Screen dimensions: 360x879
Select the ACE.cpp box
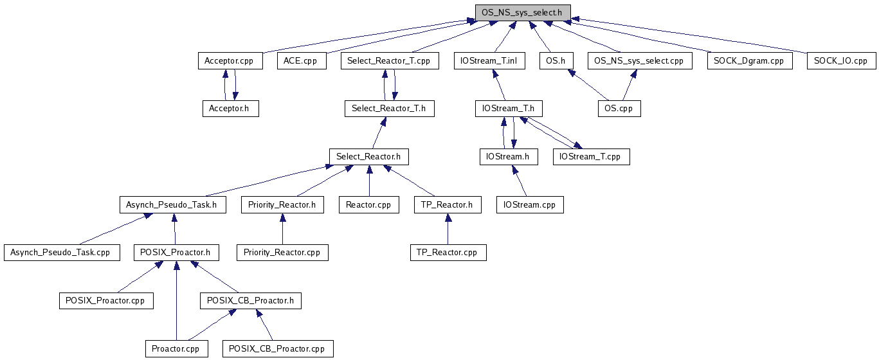[301, 61]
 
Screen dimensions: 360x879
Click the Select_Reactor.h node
[369, 156]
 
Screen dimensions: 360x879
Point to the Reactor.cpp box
[369, 205]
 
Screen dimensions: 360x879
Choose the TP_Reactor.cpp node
[448, 253]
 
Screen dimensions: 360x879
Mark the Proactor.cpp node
[176, 349]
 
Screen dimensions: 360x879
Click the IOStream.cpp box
[530, 205]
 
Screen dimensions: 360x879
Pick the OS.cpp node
[619, 109]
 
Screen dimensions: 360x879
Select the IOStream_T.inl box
[494, 61]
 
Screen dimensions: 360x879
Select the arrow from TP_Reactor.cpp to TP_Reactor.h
[448, 229]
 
